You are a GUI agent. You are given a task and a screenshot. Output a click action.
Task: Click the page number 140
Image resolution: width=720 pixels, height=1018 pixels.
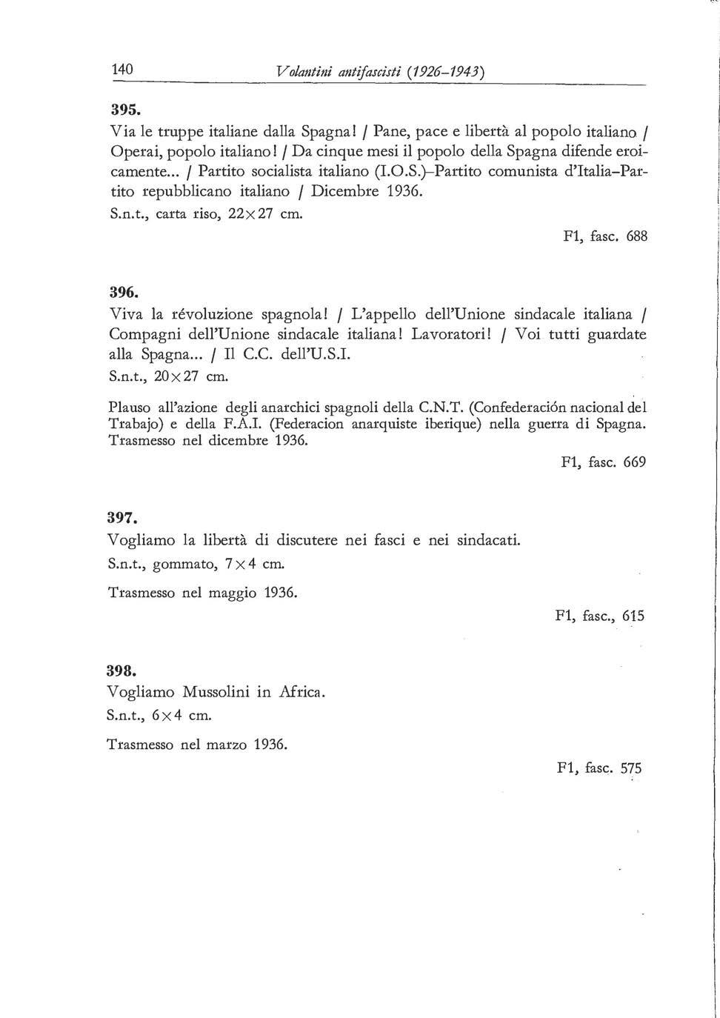coord(121,70)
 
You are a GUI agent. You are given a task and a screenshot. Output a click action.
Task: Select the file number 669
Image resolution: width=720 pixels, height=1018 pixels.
coord(635,462)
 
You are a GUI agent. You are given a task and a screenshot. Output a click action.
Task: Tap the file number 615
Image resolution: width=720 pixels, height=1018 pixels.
coord(633,616)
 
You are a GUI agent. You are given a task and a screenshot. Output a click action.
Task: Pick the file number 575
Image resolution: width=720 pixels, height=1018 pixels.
coord(631,768)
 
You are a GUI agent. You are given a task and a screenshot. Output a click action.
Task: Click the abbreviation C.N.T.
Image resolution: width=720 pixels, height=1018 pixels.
coord(442,406)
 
